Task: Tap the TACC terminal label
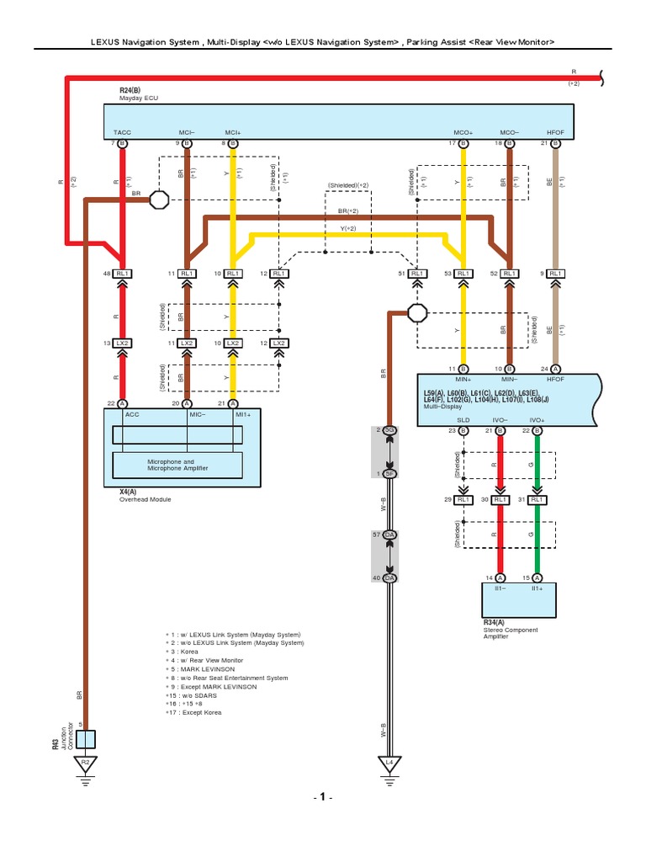point(123,133)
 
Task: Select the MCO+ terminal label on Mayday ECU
point(463,133)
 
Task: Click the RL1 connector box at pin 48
point(123,274)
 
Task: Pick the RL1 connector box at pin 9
point(554,274)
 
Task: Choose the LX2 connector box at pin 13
point(123,343)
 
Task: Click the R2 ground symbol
point(85,764)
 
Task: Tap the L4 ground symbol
point(389,764)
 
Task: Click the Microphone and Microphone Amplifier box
point(177,465)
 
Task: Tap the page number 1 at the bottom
point(322,796)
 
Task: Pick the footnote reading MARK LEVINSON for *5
point(204,668)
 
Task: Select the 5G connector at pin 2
point(389,430)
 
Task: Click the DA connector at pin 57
point(389,535)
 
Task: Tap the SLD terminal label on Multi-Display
point(463,419)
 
